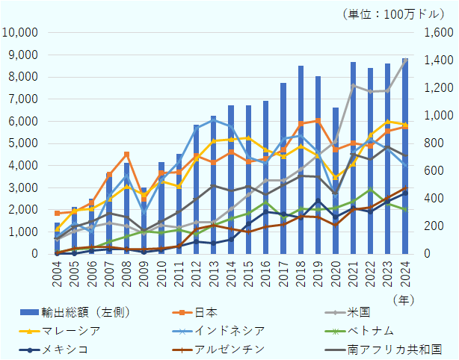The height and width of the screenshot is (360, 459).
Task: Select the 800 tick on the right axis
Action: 436,143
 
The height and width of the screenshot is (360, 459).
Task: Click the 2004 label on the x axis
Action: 58,271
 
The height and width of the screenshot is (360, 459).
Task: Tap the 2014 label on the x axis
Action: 232,271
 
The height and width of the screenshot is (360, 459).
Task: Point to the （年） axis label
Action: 404,297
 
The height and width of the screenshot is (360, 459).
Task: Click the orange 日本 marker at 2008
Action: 127,154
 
